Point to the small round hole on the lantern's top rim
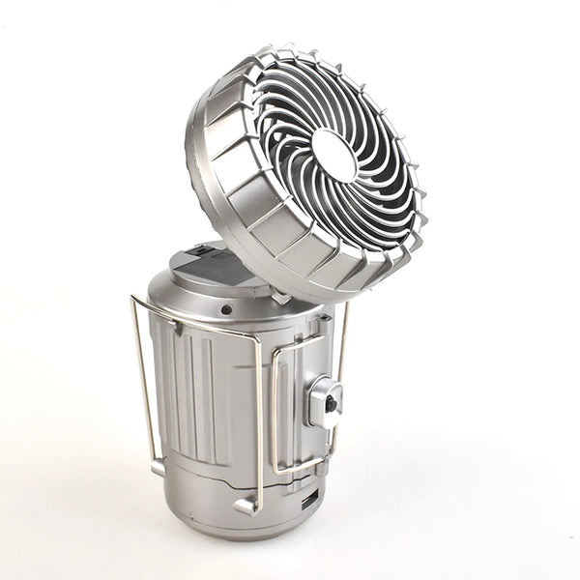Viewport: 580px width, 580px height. (x=225, y=309)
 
